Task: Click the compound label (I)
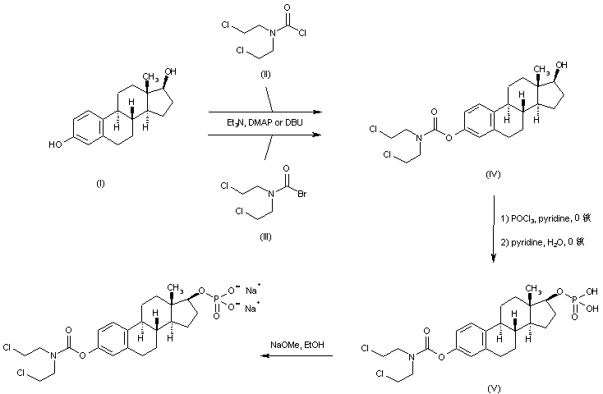click(99, 185)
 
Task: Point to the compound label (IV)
click(494, 176)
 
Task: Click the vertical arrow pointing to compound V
click(493, 230)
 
